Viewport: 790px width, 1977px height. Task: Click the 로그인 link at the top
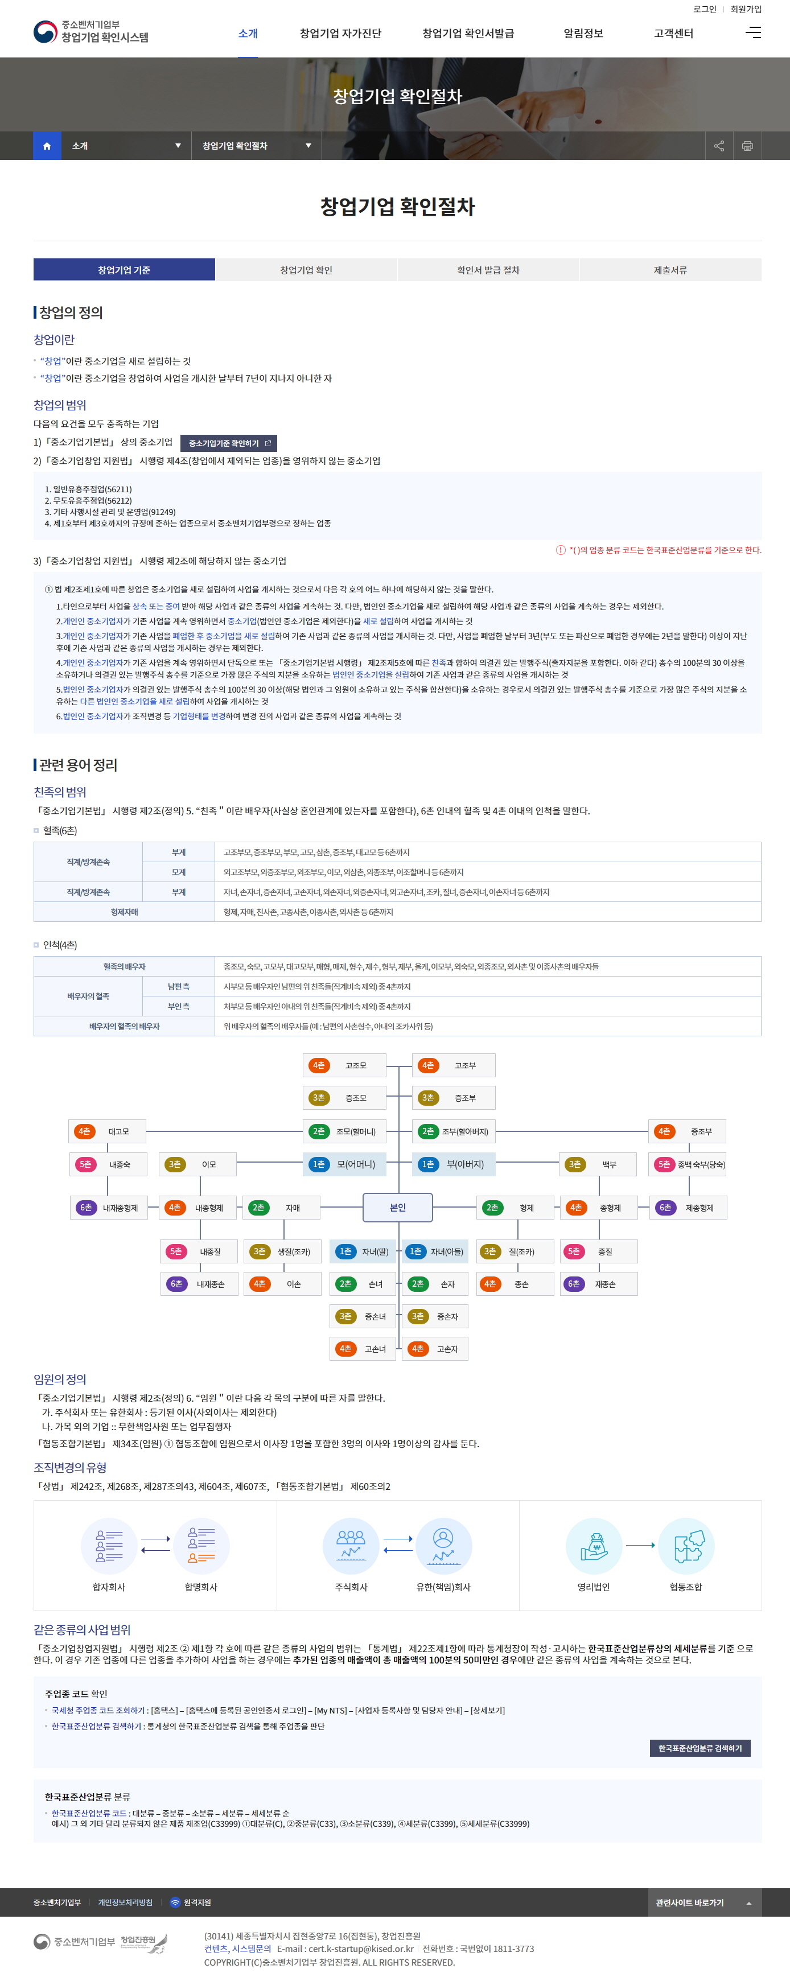click(x=704, y=9)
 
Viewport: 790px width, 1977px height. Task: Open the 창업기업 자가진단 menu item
click(x=340, y=34)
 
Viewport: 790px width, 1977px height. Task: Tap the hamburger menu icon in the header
click(x=753, y=32)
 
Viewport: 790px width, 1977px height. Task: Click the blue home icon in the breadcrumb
click(x=47, y=146)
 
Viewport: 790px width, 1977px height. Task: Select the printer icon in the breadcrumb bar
click(x=747, y=146)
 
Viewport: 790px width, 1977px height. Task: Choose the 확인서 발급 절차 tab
click(x=488, y=270)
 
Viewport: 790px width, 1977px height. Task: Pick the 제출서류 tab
click(x=670, y=270)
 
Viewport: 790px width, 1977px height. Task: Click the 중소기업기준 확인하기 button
click(x=229, y=443)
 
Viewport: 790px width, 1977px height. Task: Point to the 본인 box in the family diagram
click(x=398, y=1207)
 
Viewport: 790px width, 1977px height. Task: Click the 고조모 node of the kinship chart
click(x=345, y=1065)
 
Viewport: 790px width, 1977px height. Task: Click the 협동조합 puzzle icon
click(x=686, y=1546)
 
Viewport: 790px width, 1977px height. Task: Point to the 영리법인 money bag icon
click(x=594, y=1546)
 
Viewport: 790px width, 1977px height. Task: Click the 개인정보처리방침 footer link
click(x=125, y=1902)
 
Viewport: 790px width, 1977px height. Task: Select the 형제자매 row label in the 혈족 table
click(x=125, y=912)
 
